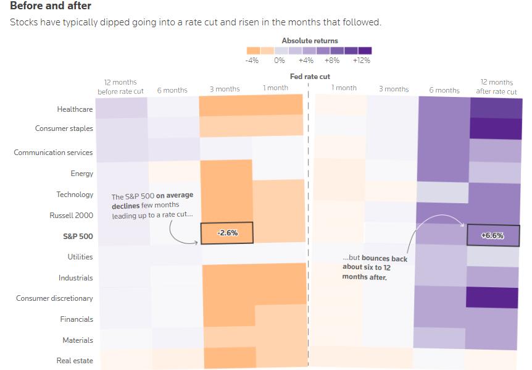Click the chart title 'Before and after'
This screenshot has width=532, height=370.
(51, 6)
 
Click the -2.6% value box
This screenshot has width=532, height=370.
(227, 233)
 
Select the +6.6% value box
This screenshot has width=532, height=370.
(493, 235)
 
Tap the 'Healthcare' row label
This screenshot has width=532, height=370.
(75, 109)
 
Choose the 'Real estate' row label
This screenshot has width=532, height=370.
(75, 361)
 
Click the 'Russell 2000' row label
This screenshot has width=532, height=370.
(72, 216)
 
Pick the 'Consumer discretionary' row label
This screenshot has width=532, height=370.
(54, 298)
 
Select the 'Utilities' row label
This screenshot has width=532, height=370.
(80, 257)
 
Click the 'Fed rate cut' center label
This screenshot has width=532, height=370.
(310, 77)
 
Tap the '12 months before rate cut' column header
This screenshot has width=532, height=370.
(120, 87)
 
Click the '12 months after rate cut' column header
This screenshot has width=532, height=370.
(496, 87)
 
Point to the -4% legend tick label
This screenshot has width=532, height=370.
(252, 61)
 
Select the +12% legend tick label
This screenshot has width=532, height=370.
(362, 61)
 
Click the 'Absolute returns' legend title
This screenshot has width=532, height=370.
(310, 41)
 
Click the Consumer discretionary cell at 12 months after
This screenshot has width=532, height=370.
(493, 297)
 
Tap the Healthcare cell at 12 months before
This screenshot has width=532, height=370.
(122, 108)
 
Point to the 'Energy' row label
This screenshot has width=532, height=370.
(82, 174)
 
